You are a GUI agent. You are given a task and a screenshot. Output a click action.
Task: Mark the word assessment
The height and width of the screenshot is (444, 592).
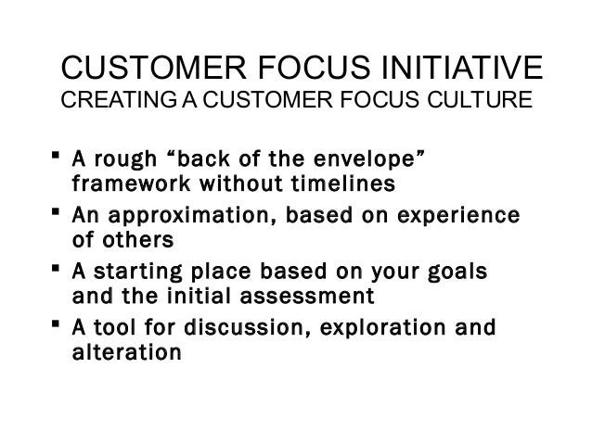307,297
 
